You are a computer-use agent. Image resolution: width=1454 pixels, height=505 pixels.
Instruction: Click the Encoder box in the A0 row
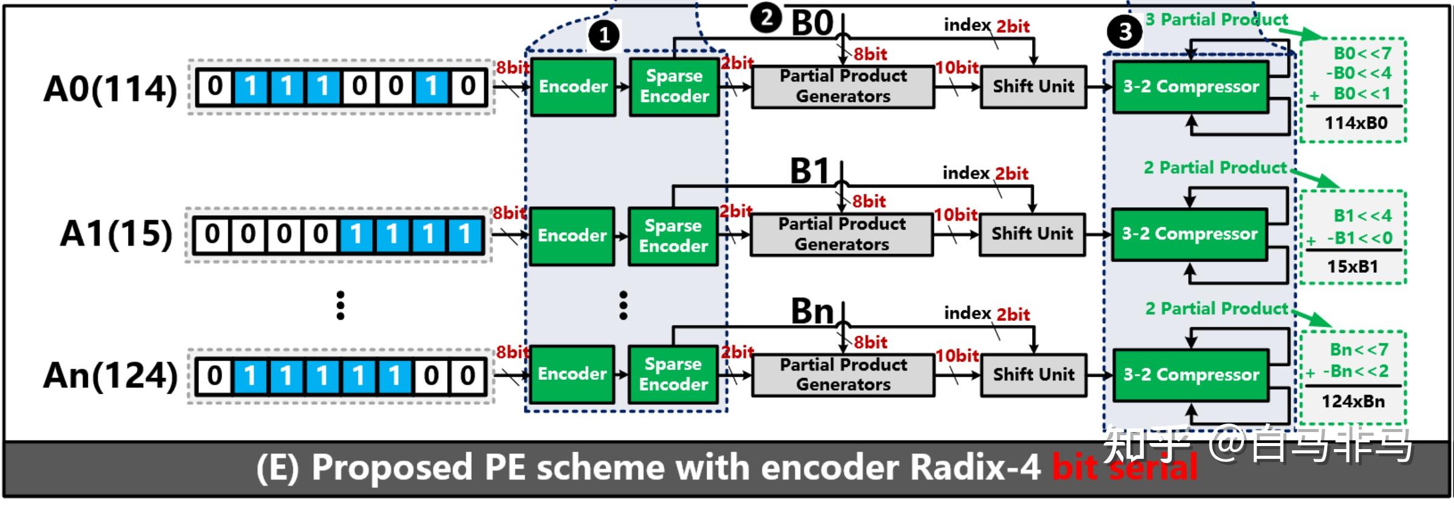[573, 87]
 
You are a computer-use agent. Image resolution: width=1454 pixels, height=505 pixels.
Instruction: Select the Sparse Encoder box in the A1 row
[673, 236]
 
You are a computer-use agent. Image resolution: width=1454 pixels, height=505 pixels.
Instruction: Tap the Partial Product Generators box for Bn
[843, 375]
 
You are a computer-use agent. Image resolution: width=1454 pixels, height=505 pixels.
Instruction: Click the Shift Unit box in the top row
[1033, 87]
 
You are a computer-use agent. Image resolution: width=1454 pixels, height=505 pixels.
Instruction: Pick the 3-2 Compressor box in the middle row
[1189, 235]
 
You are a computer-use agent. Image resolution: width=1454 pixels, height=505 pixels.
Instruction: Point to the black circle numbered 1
[604, 36]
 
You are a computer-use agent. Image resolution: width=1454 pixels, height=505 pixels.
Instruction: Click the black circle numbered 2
[766, 18]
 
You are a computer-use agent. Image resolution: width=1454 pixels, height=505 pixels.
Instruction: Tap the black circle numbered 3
[1125, 32]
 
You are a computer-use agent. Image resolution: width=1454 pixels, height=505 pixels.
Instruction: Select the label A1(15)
[117, 234]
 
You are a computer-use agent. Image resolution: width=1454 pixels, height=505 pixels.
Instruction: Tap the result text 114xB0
[1356, 123]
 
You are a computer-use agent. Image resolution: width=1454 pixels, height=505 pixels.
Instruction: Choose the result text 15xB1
[1353, 267]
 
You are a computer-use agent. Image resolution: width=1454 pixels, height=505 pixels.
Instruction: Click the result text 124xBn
[1353, 402]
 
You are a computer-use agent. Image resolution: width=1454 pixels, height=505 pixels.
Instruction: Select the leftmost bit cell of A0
[215, 86]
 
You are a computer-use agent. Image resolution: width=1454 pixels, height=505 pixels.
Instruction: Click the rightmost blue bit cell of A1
[465, 234]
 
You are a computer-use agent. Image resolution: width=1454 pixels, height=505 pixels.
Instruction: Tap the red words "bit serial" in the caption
[1124, 468]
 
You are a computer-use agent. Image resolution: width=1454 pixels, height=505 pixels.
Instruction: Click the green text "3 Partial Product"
[1216, 20]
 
